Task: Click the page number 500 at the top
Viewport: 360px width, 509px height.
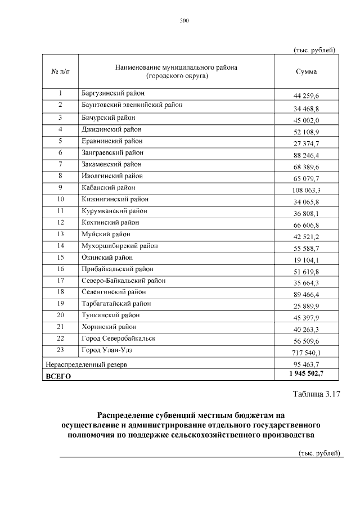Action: (x=184, y=21)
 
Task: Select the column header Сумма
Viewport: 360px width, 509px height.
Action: (x=306, y=71)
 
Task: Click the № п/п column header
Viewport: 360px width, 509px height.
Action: (x=60, y=71)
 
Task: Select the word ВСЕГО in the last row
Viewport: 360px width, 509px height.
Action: (x=58, y=376)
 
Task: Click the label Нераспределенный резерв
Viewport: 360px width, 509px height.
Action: (x=85, y=364)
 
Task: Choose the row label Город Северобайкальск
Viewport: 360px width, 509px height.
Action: (x=118, y=338)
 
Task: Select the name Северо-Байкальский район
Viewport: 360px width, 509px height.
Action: (x=123, y=280)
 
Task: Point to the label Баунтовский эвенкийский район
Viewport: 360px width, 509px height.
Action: (x=132, y=104)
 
